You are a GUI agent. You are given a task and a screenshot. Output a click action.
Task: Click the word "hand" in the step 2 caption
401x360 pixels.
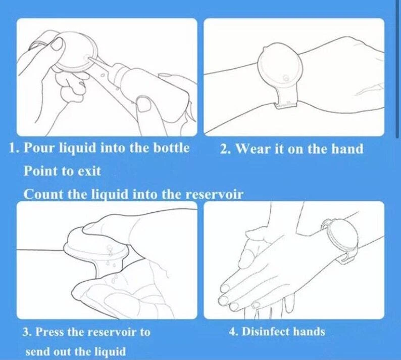pyautogui.click(x=347, y=149)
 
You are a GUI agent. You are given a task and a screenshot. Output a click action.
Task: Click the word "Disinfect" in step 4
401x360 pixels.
pyautogui.click(x=266, y=331)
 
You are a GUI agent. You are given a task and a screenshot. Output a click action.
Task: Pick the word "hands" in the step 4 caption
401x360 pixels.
pyautogui.click(x=309, y=331)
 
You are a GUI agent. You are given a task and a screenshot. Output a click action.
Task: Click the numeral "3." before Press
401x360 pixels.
pyautogui.click(x=27, y=332)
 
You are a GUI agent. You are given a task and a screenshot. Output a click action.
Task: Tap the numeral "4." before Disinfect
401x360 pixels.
pyautogui.click(x=234, y=331)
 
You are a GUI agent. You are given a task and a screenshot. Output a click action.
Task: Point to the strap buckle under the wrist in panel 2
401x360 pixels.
pyautogui.click(x=286, y=104)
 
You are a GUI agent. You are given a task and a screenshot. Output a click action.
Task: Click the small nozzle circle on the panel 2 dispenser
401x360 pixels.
pyautogui.click(x=285, y=77)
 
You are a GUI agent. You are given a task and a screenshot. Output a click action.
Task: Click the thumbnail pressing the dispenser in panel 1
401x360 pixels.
pyautogui.click(x=57, y=44)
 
